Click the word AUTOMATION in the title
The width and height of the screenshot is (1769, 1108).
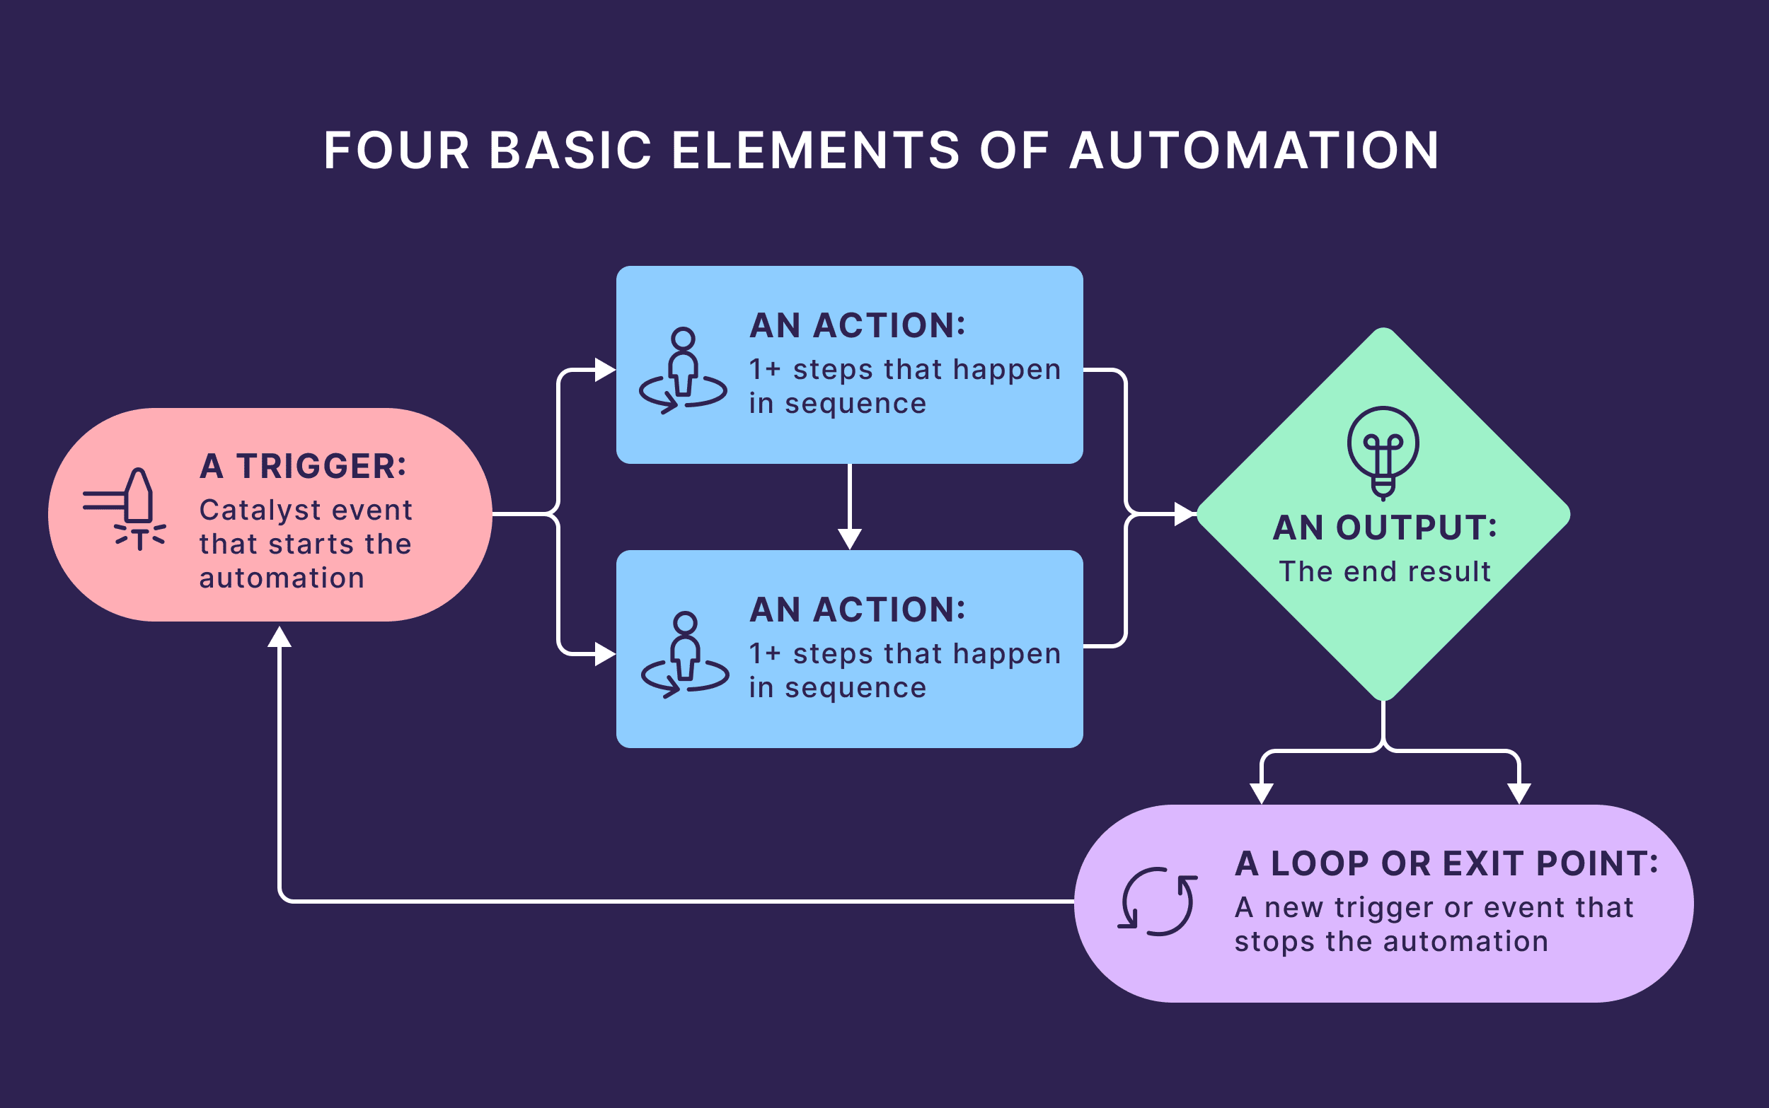point(1255,151)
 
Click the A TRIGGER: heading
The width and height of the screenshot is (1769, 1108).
point(303,466)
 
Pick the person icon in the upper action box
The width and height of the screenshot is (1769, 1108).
point(683,371)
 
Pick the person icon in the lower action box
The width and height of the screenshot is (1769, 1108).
point(685,654)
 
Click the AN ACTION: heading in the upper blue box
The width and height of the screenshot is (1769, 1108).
point(857,325)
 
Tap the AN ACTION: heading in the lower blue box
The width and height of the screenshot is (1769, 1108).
point(857,610)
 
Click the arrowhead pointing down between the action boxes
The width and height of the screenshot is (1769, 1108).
point(849,539)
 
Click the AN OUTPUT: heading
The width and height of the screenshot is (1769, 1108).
point(1384,527)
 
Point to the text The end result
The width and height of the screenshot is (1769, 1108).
point(1384,571)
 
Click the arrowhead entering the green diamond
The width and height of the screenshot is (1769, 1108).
point(1184,515)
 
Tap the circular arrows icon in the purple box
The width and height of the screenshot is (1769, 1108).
point(1158,902)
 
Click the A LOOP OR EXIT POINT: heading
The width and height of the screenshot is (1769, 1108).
point(1446,864)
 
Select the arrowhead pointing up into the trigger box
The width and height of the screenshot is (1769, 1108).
point(280,638)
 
